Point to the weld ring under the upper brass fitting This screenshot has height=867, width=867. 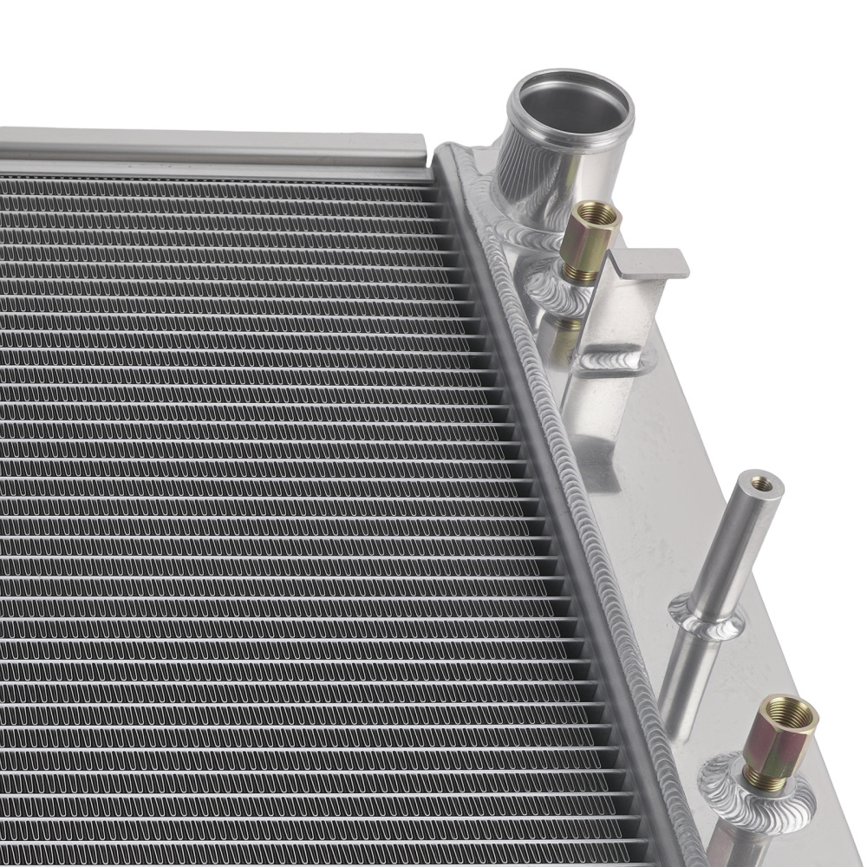(x=555, y=290)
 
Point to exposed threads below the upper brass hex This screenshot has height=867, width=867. (x=578, y=273)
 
